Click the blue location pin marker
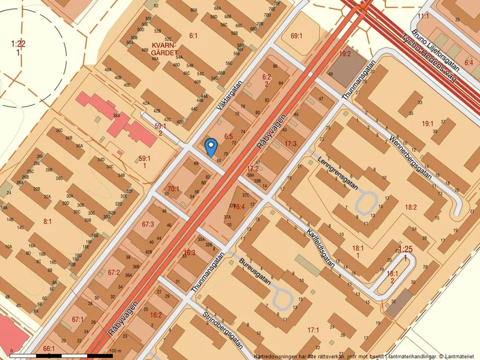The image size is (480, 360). click(211, 146)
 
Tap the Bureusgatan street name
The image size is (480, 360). click(255, 270)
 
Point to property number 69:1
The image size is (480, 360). click(296, 36)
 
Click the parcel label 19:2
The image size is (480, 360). click(345, 54)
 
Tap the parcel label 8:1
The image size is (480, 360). click(47, 221)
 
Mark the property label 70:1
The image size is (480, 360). click(173, 188)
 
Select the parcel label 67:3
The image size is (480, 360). click(147, 224)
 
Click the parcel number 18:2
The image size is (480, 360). click(411, 206)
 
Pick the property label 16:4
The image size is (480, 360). click(239, 206)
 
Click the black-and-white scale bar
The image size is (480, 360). click(61, 355)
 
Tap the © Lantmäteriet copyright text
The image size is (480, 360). click(457, 355)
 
